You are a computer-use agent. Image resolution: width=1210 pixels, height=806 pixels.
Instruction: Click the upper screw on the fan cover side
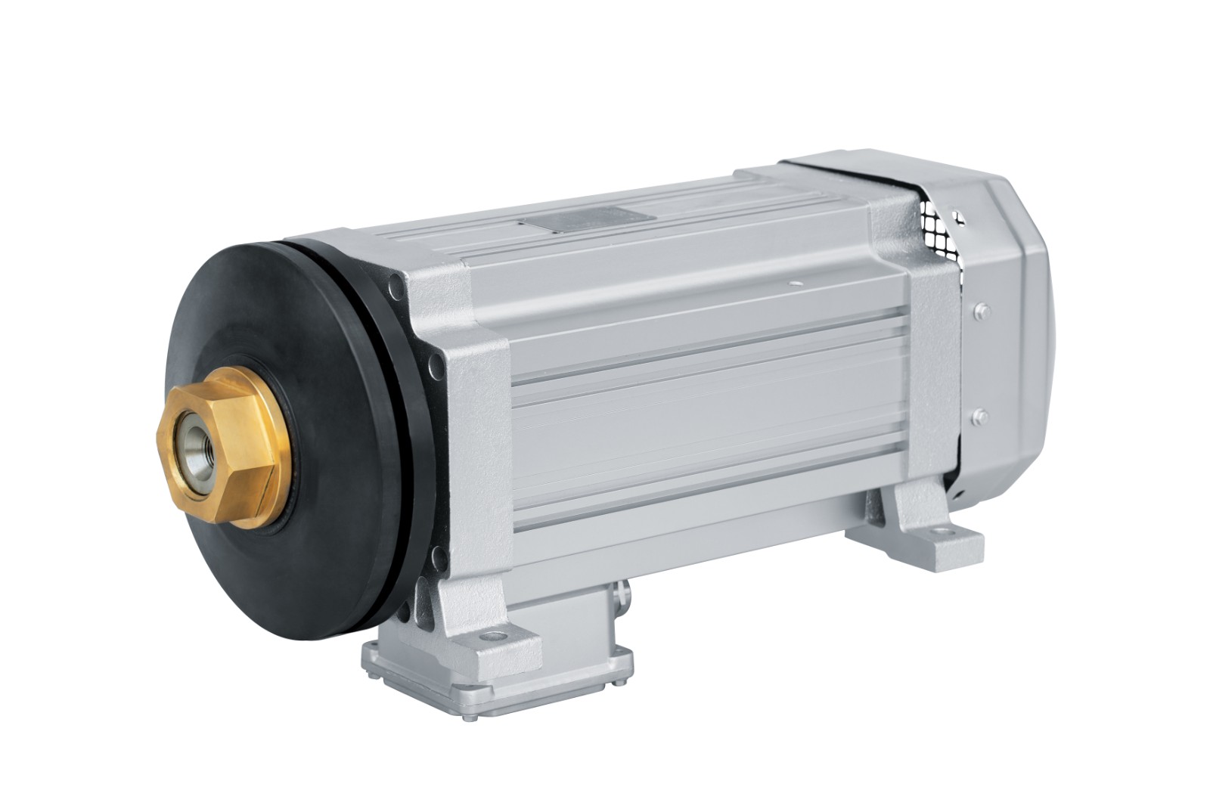(981, 310)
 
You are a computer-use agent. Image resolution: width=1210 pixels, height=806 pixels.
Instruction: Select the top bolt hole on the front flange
(396, 287)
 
